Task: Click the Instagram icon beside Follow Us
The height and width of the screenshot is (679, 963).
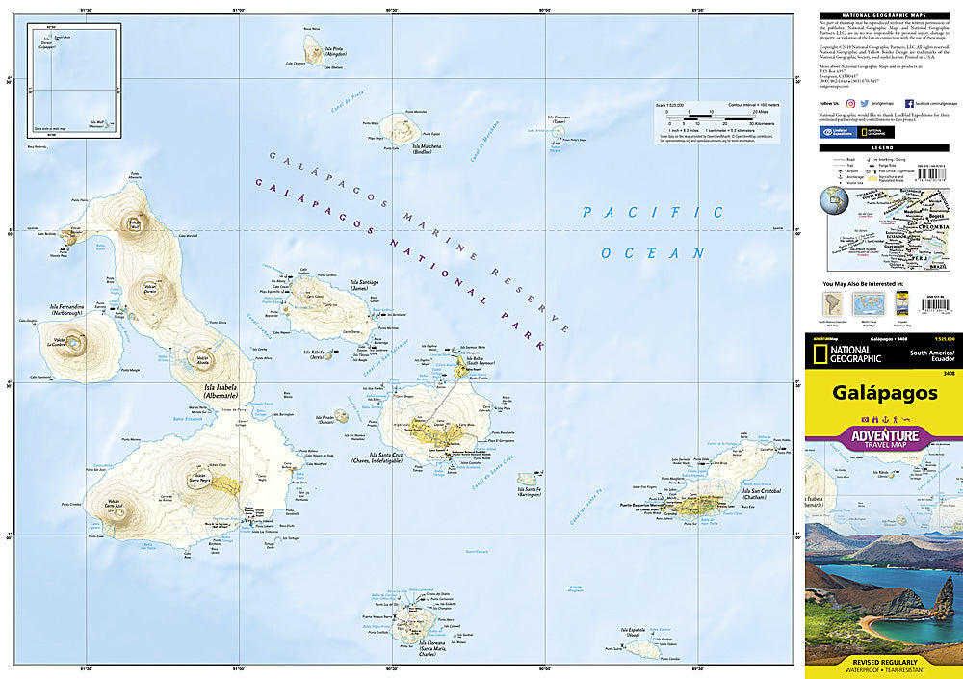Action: pyautogui.click(x=850, y=101)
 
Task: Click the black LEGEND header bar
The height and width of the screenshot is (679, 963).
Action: pyautogui.click(x=883, y=146)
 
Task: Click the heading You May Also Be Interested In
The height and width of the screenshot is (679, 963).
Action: pyautogui.click(x=863, y=285)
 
